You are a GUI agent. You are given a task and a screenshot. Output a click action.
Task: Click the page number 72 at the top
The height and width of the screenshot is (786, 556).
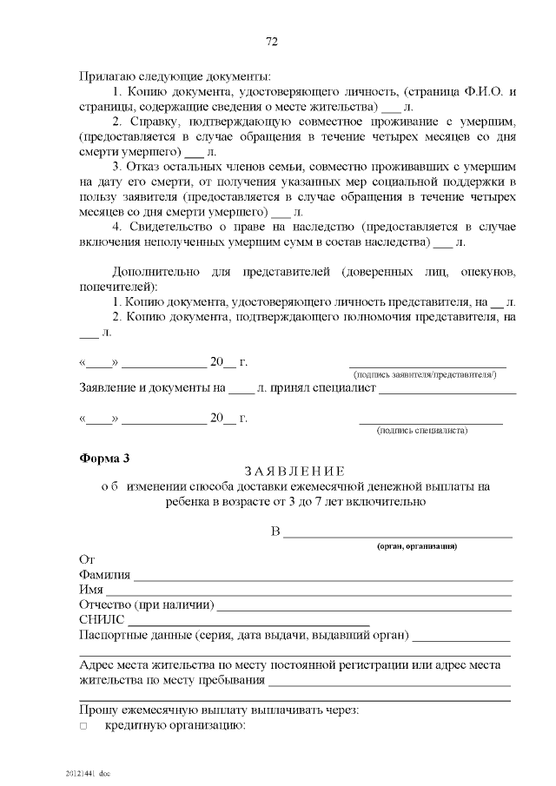pyautogui.click(x=271, y=42)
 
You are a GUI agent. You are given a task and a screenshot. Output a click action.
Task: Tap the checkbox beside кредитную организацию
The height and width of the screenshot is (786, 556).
pyautogui.click(x=83, y=725)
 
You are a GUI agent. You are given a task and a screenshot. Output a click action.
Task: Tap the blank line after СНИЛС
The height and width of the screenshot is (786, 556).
pyautogui.click(x=248, y=624)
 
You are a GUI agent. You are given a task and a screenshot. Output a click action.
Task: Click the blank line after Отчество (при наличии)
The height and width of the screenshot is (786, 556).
pyautogui.click(x=363, y=609)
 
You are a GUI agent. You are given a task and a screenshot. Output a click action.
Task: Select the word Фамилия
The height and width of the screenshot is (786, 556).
pyautogui.click(x=104, y=575)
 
